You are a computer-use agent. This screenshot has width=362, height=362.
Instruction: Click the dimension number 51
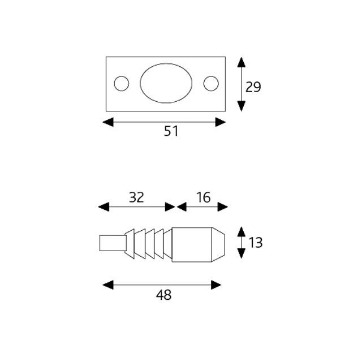[171, 131]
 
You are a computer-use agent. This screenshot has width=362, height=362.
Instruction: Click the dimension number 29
[253, 87]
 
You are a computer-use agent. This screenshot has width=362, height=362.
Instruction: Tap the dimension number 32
[136, 197]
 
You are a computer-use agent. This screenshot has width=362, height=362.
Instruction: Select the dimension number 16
[204, 197]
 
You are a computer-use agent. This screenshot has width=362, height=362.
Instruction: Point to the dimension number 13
[255, 243]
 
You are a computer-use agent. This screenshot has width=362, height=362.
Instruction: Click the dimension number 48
[163, 295]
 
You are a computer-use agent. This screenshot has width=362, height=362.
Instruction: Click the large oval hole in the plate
[166, 84]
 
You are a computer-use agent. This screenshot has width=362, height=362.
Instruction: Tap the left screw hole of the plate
[122, 84]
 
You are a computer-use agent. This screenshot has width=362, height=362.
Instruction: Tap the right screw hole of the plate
[211, 84]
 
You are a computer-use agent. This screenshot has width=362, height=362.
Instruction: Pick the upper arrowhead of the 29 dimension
[242, 61]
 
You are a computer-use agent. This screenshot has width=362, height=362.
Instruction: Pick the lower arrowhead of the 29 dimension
[242, 106]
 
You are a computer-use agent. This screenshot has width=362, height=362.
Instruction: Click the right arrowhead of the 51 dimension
[221, 122]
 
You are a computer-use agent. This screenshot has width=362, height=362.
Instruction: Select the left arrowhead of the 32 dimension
[103, 207]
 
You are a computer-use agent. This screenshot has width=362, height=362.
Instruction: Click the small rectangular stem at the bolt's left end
[111, 243]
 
